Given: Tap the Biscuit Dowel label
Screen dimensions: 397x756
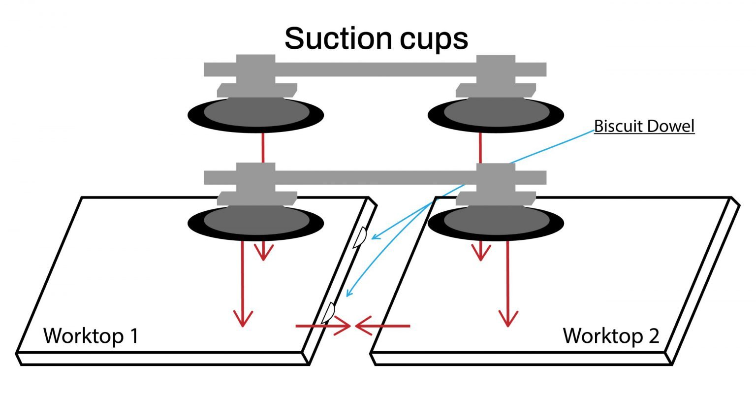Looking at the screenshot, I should point(644,126).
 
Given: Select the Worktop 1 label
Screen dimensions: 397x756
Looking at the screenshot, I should point(91,336).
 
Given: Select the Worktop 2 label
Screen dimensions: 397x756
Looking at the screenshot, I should point(610,336).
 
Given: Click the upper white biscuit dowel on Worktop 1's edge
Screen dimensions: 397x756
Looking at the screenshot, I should point(359,237).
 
